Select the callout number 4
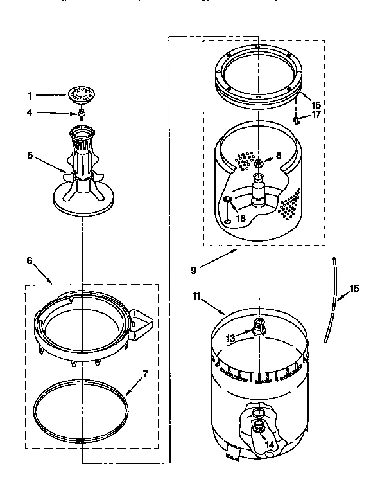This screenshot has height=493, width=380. coord(30,114)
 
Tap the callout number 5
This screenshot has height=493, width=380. coord(30,155)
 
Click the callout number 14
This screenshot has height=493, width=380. coord(270,444)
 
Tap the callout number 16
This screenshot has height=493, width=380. coord(316,104)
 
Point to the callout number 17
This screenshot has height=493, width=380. coord(316,116)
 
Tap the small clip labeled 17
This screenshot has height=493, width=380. coord(297,119)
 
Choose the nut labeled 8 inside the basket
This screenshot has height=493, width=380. coord(258,163)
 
